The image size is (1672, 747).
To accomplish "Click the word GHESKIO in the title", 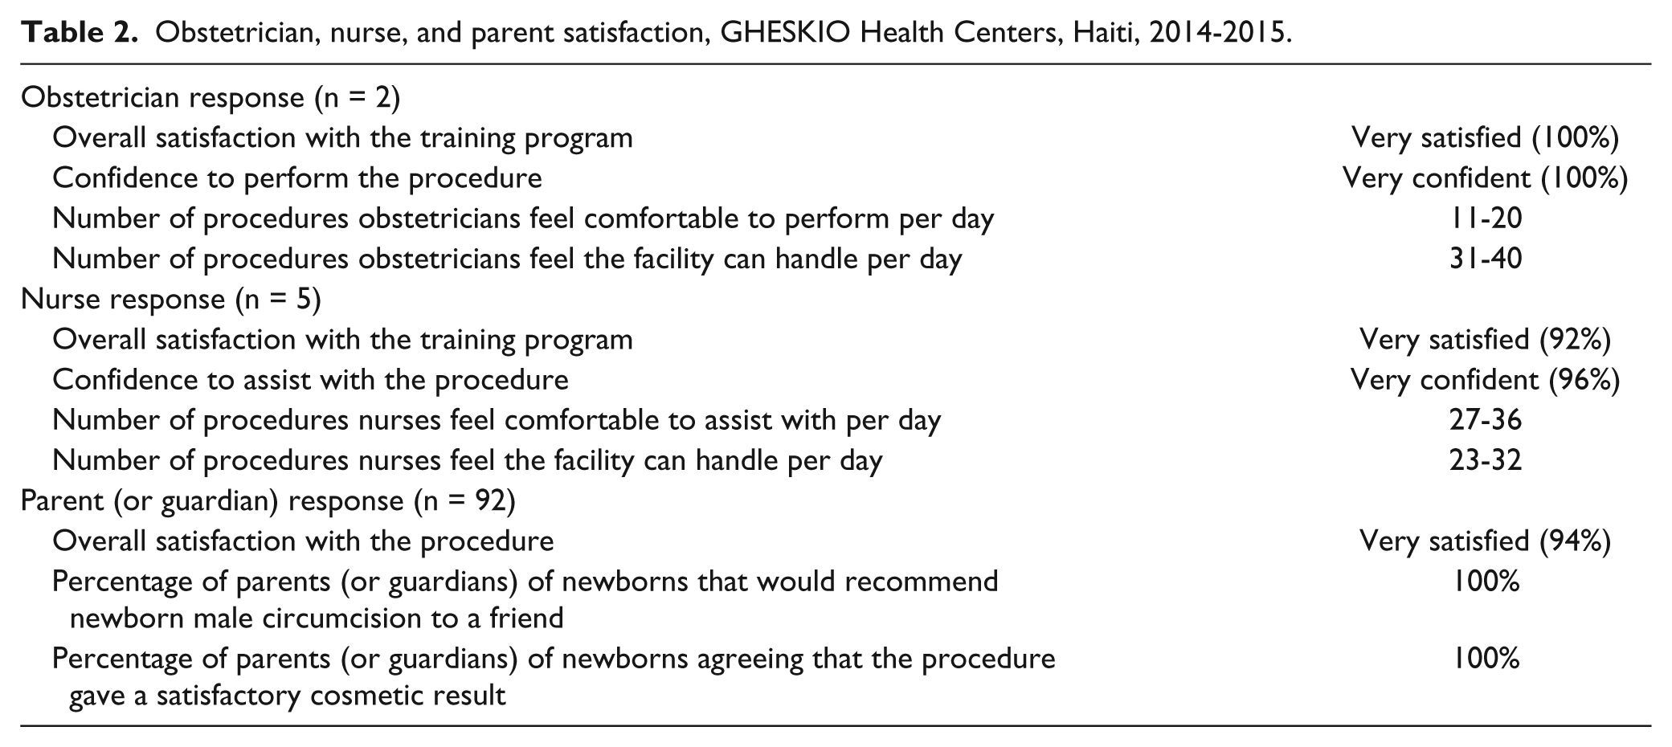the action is pyautogui.click(x=787, y=33).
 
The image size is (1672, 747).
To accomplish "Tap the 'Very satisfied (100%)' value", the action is pyautogui.click(x=1486, y=137).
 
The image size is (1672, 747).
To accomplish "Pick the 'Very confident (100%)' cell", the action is pyautogui.click(x=1486, y=178).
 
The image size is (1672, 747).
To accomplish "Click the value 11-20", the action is pyautogui.click(x=1486, y=218).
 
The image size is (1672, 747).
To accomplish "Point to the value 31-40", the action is pyautogui.click(x=1486, y=259).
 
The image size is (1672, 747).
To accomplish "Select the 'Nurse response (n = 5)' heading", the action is pyautogui.click(x=171, y=299).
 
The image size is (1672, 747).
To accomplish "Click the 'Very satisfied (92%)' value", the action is pyautogui.click(x=1486, y=339).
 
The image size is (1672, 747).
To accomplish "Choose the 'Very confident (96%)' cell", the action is pyautogui.click(x=1486, y=379).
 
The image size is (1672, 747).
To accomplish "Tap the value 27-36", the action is pyautogui.click(x=1486, y=420).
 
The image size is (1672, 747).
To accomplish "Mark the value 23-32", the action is pyautogui.click(x=1486, y=460).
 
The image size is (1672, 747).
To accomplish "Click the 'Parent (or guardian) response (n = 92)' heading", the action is pyautogui.click(x=268, y=500).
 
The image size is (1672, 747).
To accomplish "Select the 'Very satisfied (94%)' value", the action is pyautogui.click(x=1486, y=541).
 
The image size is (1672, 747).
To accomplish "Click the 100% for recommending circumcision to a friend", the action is pyautogui.click(x=1486, y=581).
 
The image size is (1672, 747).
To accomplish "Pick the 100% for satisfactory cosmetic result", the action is pyautogui.click(x=1486, y=659).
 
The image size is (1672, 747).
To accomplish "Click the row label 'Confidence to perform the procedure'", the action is pyautogui.click(x=297, y=178).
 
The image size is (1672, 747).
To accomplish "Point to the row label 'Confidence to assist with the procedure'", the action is pyautogui.click(x=311, y=379).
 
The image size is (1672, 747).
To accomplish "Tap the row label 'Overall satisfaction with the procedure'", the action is pyautogui.click(x=303, y=541).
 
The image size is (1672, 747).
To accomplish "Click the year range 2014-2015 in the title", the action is pyautogui.click(x=1217, y=33).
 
